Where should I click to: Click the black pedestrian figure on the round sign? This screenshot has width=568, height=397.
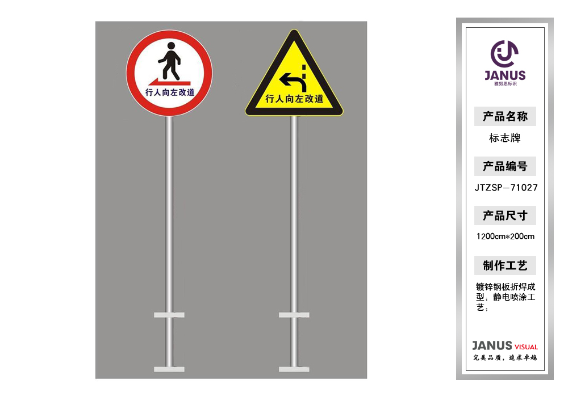(x=169, y=61)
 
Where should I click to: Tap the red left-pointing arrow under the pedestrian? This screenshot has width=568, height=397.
(x=169, y=82)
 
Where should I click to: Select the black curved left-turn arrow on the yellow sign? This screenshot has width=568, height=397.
(x=293, y=82)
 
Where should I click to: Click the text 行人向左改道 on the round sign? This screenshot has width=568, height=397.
(x=170, y=92)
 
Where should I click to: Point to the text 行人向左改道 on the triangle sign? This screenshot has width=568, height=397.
(x=294, y=98)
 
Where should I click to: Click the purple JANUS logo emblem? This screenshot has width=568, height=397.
(x=504, y=54)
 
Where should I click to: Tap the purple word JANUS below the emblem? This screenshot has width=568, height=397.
(x=505, y=75)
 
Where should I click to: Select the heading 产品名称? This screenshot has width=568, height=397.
(x=505, y=116)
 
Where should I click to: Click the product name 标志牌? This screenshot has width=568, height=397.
(x=504, y=138)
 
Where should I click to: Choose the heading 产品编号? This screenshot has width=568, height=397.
(x=505, y=166)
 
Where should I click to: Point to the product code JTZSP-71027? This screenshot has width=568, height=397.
(x=506, y=187)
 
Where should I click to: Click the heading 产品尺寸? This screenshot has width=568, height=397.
(x=505, y=216)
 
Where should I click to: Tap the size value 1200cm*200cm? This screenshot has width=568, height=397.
(x=506, y=236)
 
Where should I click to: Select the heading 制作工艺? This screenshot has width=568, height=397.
(x=505, y=265)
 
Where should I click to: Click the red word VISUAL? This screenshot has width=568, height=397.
(x=526, y=347)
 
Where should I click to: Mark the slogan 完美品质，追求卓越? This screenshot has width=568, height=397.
(x=505, y=358)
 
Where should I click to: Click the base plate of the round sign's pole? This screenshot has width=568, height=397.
(x=169, y=369)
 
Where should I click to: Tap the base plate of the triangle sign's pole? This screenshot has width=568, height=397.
(x=294, y=369)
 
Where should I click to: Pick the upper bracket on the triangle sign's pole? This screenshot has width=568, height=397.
(x=294, y=315)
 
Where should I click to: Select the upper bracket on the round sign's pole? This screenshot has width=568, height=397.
(x=169, y=315)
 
